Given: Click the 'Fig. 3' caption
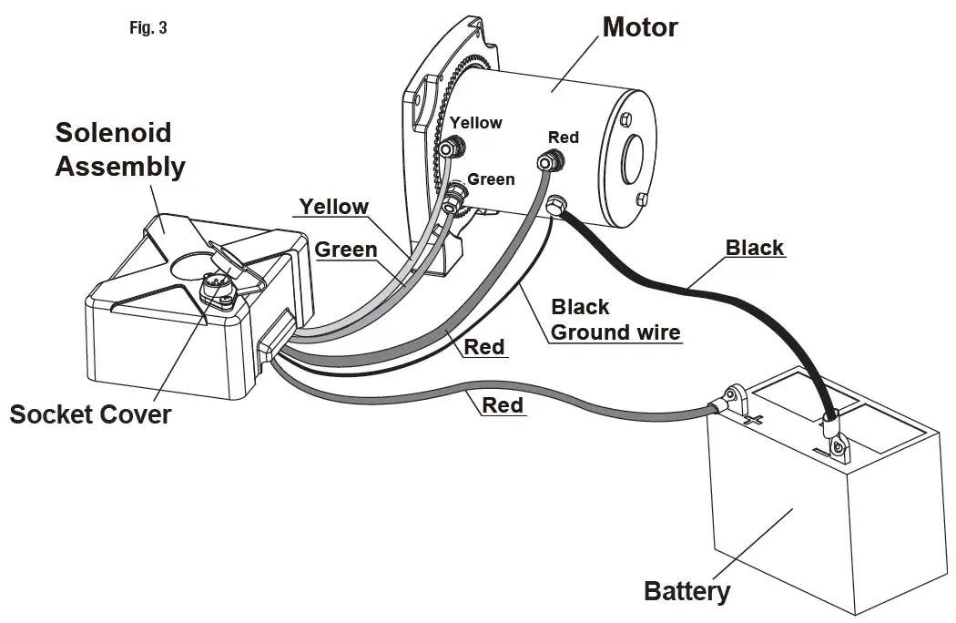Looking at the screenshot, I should click(x=147, y=28).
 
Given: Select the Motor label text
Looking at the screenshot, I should click(x=640, y=27).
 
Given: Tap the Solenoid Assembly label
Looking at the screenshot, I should click(x=119, y=149).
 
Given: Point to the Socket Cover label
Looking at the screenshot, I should click(x=90, y=414).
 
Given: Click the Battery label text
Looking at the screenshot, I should click(x=686, y=591).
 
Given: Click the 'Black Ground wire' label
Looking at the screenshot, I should click(x=615, y=320).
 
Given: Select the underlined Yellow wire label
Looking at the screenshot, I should click(x=335, y=207).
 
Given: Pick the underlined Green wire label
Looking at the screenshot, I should click(x=346, y=249).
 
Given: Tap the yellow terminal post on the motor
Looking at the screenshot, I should click(x=448, y=146).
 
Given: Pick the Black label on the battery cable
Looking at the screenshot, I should click(x=754, y=247).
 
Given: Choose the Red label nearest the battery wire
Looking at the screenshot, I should click(x=503, y=404).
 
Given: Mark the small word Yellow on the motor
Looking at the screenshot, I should click(x=476, y=123).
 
